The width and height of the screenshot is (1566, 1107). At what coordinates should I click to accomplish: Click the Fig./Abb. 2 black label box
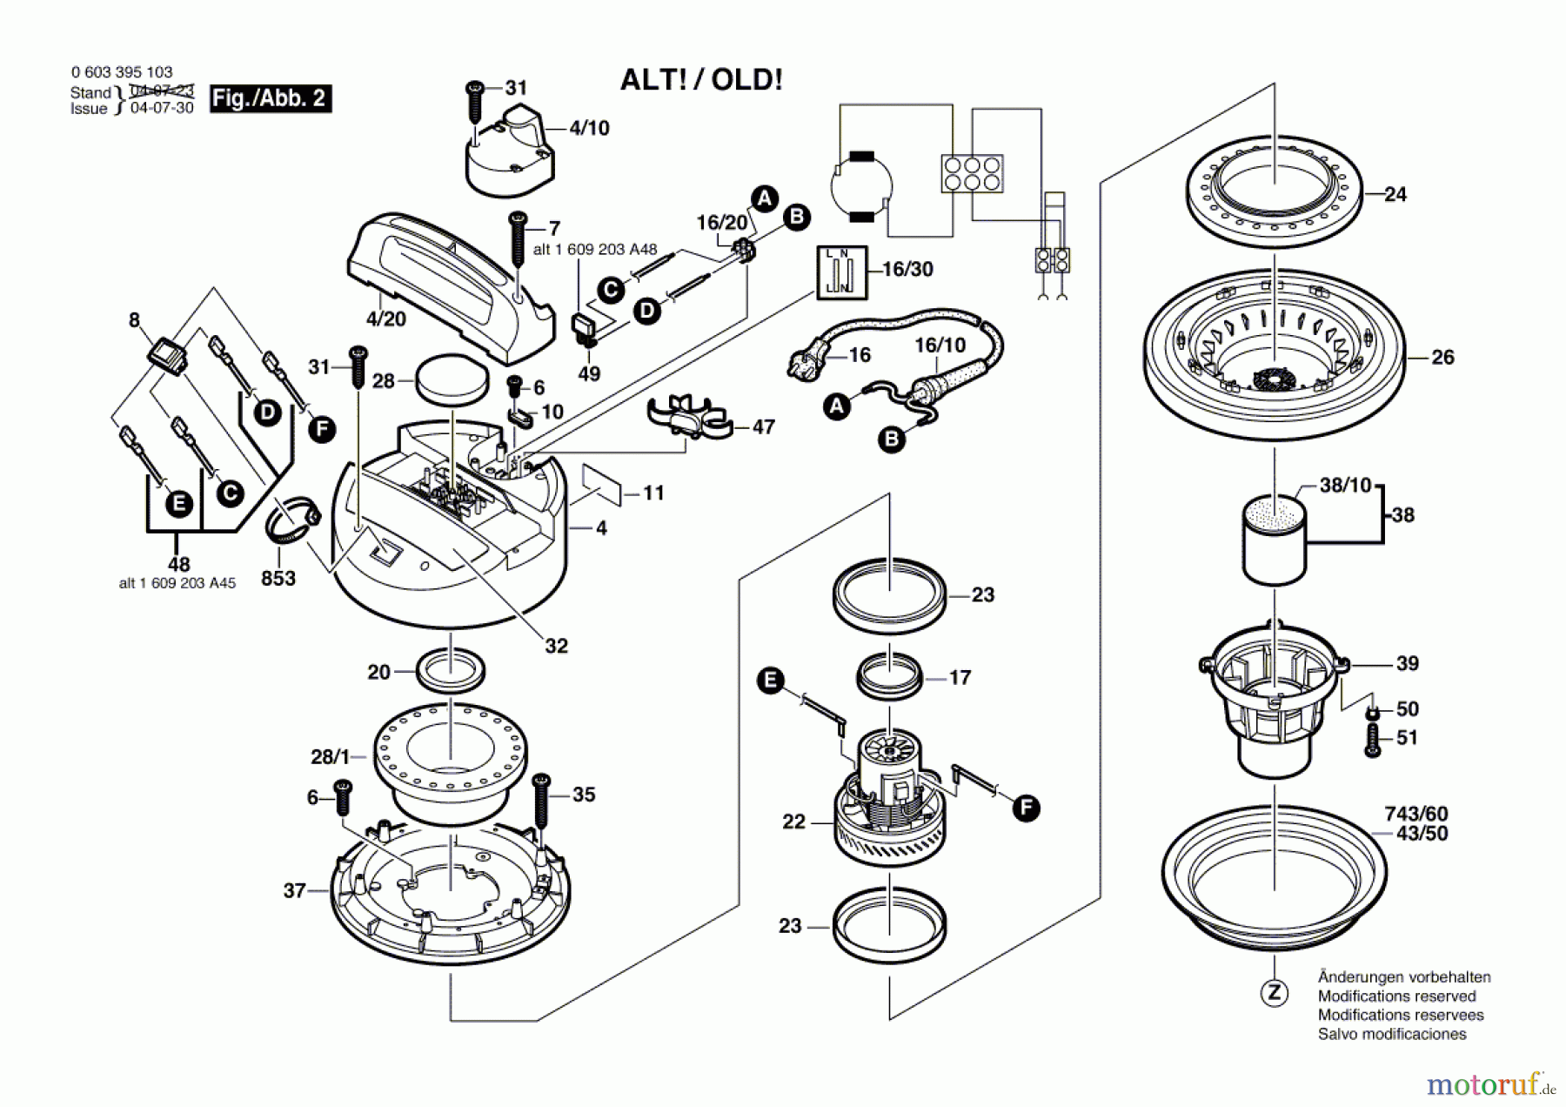271,98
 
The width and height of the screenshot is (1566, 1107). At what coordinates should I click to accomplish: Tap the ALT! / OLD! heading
701,80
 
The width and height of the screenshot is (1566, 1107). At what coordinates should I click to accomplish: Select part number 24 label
1395,194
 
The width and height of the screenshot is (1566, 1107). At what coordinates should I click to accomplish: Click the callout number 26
1442,357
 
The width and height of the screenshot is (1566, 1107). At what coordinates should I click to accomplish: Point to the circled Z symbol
1275,993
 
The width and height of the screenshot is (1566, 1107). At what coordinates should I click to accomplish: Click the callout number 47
763,426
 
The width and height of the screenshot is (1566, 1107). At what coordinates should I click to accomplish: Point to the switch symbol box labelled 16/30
841,272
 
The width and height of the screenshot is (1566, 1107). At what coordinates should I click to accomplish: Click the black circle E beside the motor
770,681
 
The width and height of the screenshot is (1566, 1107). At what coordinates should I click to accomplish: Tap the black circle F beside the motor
1027,808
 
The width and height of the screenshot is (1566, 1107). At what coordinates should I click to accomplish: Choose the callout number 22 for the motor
793,822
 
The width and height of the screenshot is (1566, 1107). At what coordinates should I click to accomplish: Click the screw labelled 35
541,800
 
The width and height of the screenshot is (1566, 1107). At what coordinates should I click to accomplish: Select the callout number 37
294,890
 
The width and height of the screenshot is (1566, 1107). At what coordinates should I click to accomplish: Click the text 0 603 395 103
122,72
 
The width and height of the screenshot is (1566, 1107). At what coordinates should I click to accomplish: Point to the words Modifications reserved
1397,996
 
